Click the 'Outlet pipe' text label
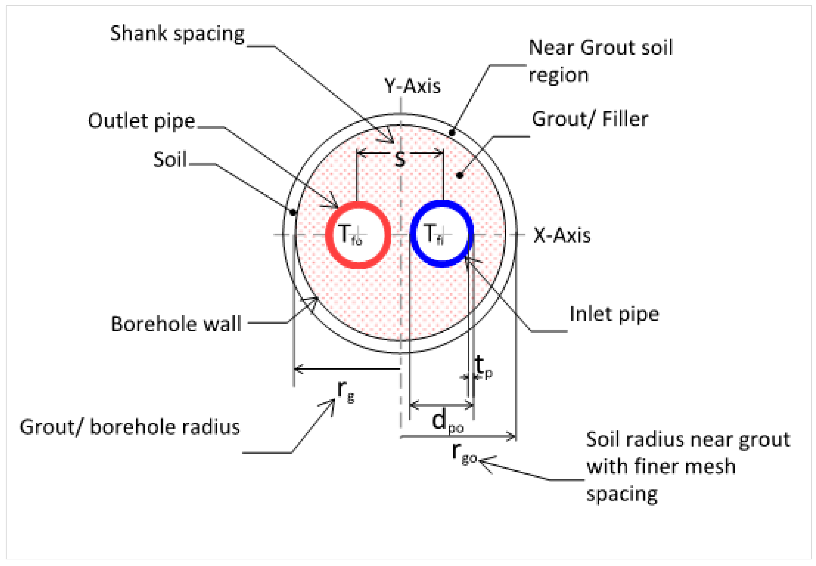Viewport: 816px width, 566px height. (x=142, y=121)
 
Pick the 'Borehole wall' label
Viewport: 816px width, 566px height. (x=176, y=324)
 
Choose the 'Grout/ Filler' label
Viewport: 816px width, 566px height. (x=590, y=119)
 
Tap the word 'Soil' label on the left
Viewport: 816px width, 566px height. (x=170, y=160)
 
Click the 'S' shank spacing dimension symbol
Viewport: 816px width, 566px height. (x=400, y=160)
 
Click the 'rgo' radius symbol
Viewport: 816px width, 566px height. (x=464, y=453)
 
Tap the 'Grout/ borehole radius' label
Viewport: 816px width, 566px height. (x=130, y=427)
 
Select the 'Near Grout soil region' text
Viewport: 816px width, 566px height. (x=600, y=61)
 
